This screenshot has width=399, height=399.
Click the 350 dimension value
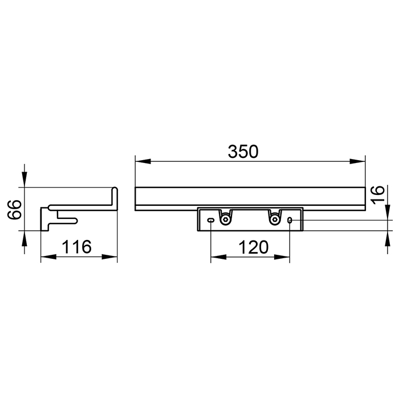243,152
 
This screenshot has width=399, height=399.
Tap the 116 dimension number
76,247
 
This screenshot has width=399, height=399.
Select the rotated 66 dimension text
14,209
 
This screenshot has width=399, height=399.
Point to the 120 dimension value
254,247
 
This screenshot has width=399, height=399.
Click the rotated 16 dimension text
377,194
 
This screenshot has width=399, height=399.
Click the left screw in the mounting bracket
225,219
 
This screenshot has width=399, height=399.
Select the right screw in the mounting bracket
274,219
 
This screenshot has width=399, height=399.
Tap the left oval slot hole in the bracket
211,220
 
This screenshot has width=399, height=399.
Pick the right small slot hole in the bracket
290,220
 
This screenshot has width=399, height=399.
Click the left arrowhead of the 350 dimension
143,161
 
